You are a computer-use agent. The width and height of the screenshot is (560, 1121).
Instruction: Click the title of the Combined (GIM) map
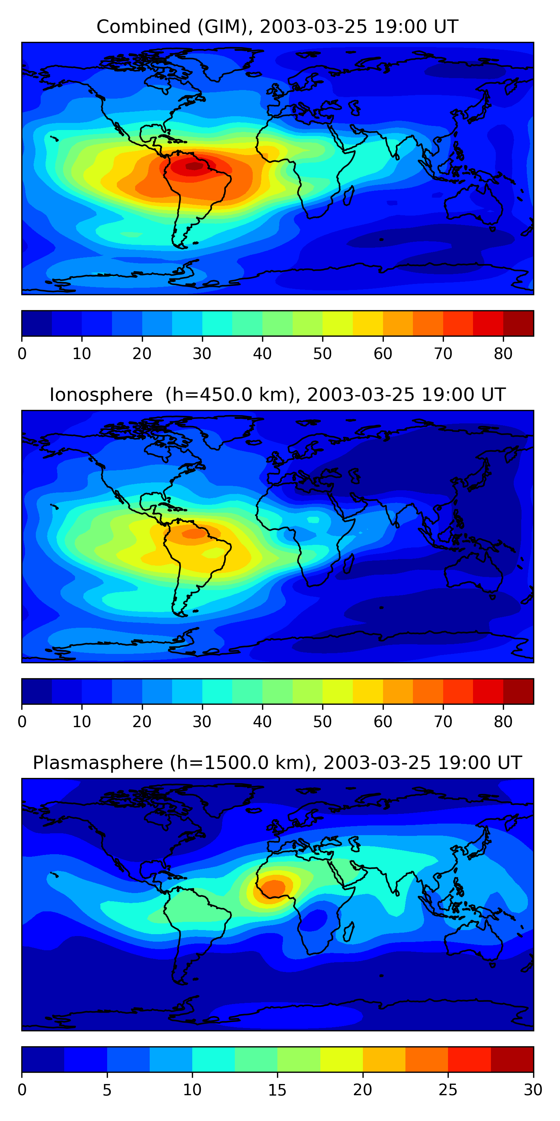277,27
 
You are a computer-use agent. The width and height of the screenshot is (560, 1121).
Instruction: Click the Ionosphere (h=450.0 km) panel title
277,395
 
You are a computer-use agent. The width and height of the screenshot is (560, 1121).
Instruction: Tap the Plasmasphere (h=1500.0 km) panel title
277,763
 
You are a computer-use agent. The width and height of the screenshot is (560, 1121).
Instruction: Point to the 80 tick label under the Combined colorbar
503,354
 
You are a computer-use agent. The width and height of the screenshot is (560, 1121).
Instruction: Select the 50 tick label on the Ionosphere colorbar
322,722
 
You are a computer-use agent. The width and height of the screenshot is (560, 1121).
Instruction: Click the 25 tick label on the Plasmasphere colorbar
448,1090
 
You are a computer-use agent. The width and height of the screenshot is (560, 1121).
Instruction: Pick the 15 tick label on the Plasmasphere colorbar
277,1090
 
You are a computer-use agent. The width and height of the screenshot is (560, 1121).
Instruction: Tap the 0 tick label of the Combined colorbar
22,354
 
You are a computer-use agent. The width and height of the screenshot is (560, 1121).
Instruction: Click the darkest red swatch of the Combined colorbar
518,323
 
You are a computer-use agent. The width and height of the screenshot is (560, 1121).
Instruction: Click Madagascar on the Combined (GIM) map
348,196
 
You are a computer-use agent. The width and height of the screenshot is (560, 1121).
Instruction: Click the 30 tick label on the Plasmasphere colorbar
533,1090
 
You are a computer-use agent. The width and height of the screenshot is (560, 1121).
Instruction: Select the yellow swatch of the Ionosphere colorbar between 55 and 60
367,691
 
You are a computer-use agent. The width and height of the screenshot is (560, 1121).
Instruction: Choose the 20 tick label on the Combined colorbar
142,354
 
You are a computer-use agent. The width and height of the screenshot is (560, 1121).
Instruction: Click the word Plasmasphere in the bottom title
98,763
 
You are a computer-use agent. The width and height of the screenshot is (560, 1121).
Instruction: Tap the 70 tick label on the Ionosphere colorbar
443,722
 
